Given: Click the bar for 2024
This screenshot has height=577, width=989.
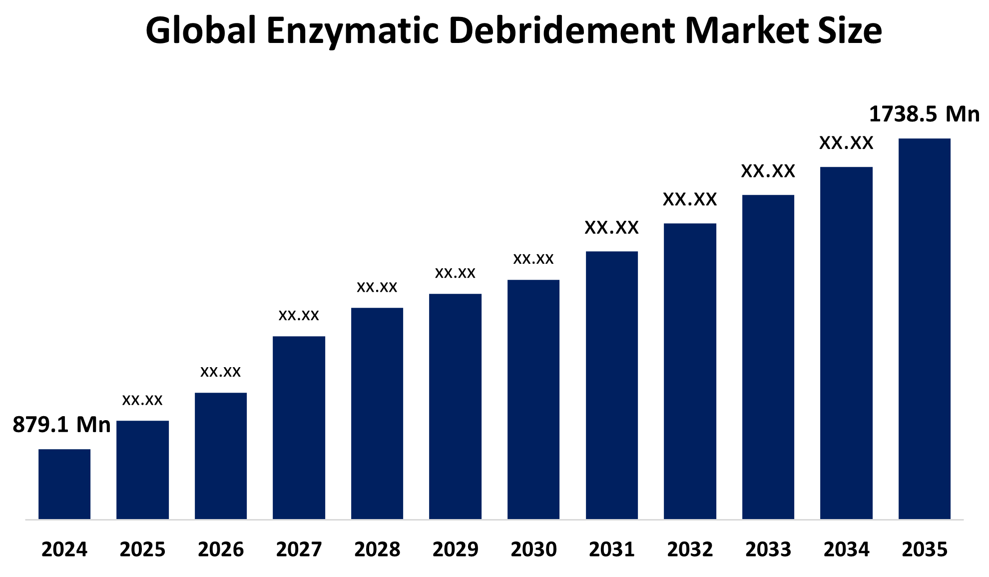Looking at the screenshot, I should pos(64,484).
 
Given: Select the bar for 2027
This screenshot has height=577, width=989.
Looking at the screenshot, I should pos(299,428).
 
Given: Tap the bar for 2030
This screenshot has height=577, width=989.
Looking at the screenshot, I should pos(533,399).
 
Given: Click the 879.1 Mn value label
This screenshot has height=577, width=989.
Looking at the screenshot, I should pos(61,425).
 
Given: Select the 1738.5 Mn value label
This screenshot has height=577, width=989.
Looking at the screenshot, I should pos(924,114).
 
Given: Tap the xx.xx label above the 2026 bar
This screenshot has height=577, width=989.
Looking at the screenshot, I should pos(220,372).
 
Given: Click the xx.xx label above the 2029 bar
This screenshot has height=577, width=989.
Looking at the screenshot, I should pos(455,273).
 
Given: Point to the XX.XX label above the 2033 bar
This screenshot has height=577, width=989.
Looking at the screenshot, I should pos(768,171).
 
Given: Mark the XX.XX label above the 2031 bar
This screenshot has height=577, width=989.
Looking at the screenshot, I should pos(611,228).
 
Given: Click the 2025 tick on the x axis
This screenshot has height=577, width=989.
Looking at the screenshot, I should pos(142,550).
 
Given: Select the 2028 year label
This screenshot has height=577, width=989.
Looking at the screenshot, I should pos(377,550).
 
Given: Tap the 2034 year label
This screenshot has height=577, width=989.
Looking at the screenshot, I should pos(846,550).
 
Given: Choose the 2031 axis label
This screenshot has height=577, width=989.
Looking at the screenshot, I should pos(611,550).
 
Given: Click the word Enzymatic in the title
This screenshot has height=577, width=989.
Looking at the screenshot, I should pos(352,31).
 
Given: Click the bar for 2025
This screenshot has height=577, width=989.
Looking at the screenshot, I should pos(142,470).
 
